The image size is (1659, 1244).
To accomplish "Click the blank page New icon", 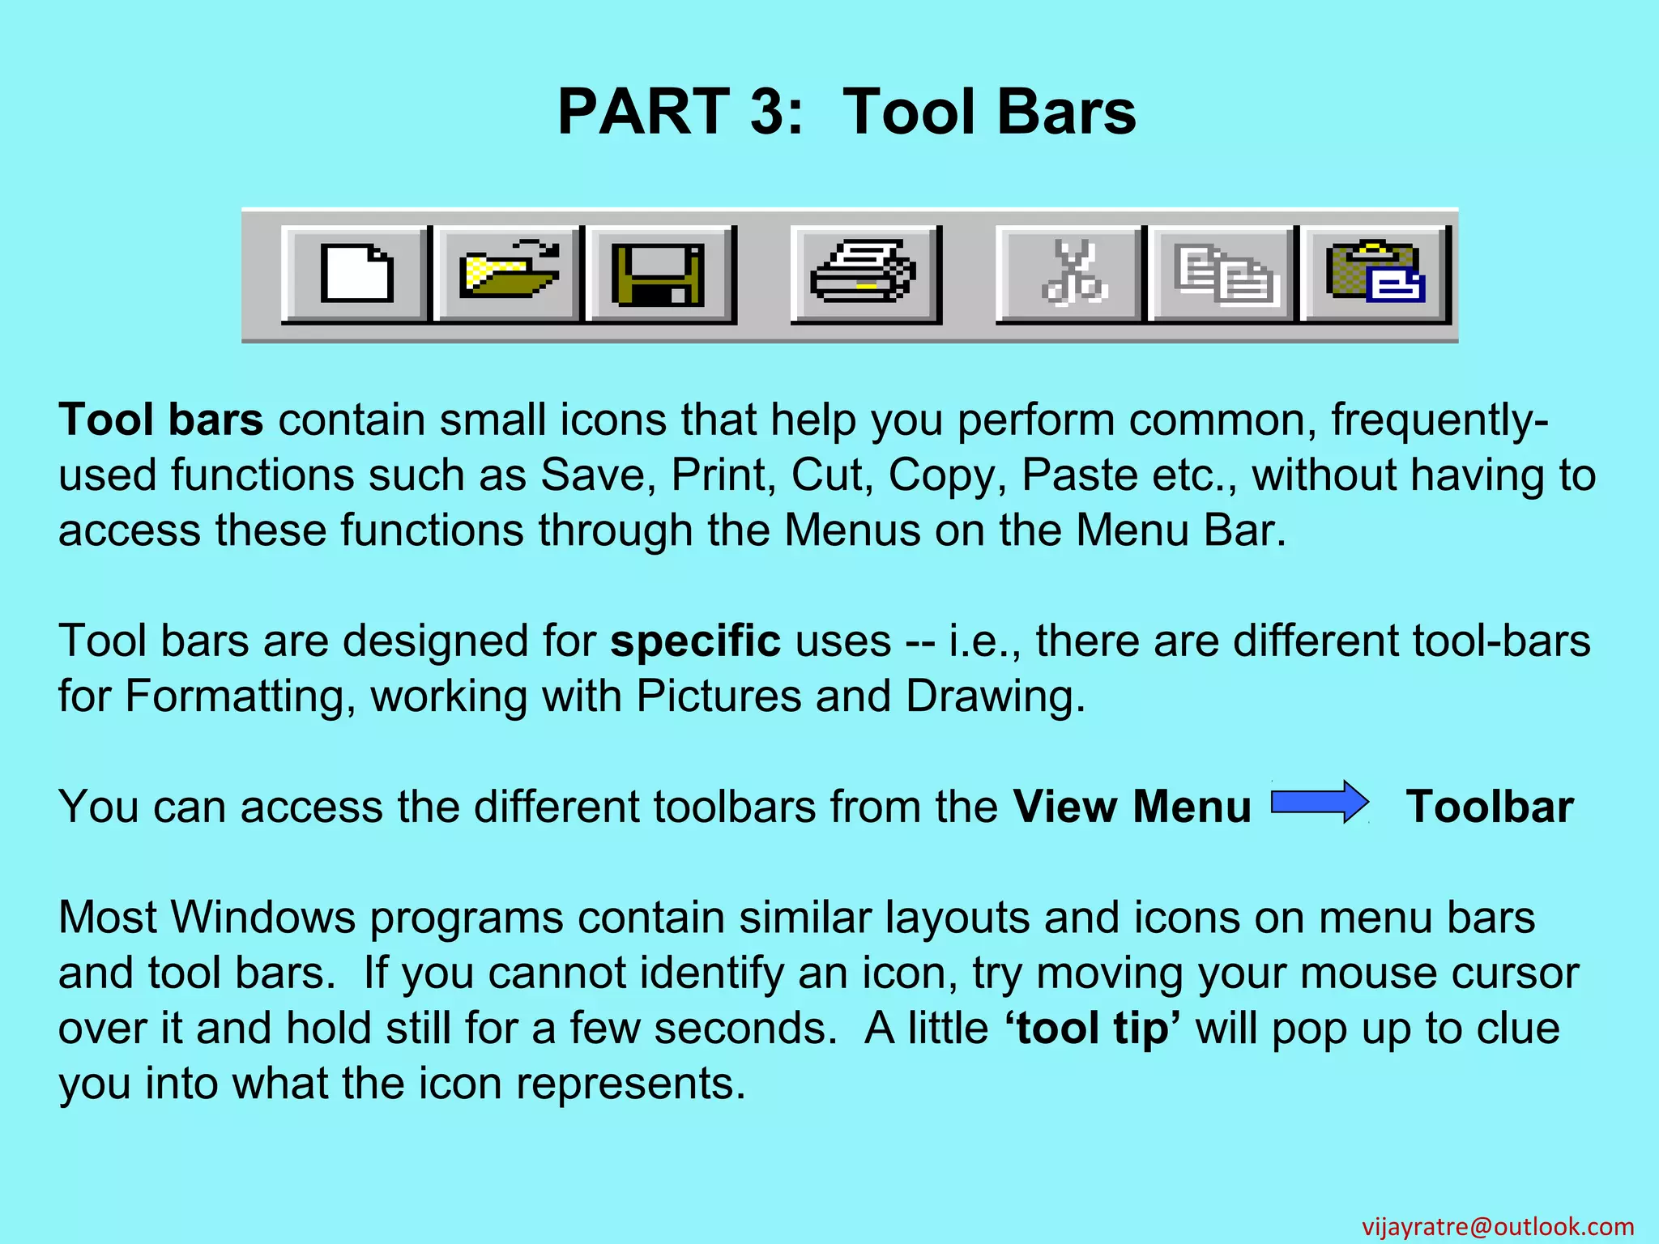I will pos(356,274).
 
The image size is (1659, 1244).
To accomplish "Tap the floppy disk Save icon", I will pos(659,274).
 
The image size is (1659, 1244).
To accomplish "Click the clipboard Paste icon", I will pos(1375,274).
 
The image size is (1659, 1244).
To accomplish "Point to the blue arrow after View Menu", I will pos(1320,803).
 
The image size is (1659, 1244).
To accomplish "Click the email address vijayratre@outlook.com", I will pos(1498,1226).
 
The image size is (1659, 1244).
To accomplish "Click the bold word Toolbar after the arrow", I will pos(1490,807).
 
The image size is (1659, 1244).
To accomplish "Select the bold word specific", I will pos(695,641).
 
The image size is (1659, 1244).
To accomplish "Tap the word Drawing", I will pos(995,697).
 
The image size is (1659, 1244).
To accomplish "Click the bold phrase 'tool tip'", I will pos(1092,1029).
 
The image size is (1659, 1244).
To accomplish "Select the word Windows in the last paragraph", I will pos(263,918).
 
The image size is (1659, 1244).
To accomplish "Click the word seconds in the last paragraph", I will pos(744,1029).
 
